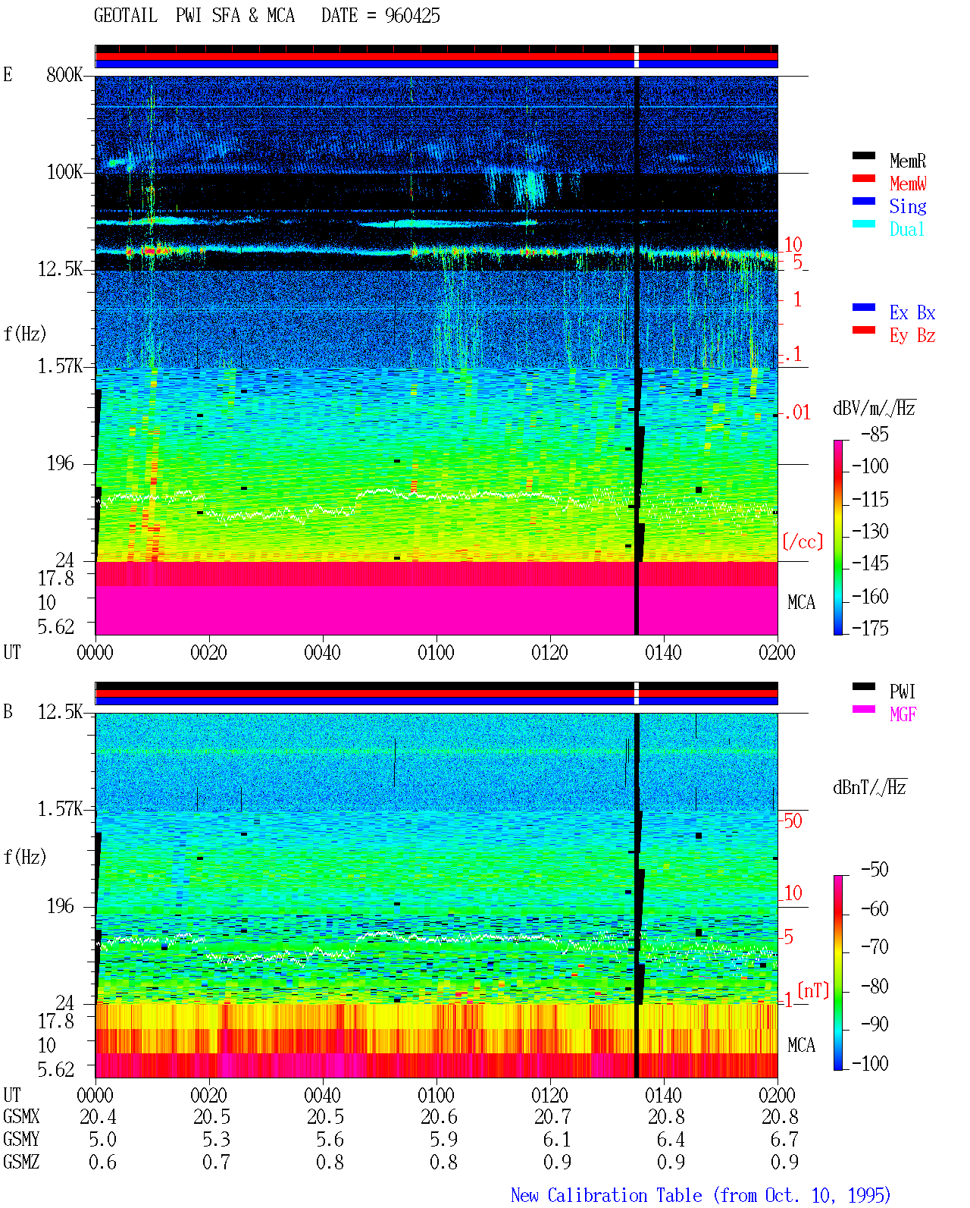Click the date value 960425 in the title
click(412, 16)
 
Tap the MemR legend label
click(907, 161)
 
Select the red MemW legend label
click(907, 184)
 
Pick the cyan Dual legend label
click(906, 229)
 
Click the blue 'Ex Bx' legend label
click(912, 312)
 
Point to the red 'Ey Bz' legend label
click(912, 336)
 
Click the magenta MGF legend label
click(903, 714)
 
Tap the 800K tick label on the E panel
click(64, 74)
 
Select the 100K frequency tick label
click(64, 172)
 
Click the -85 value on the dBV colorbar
click(875, 434)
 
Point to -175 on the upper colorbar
click(870, 628)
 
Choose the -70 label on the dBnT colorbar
click(875, 947)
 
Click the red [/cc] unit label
click(803, 541)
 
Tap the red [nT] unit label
click(813, 990)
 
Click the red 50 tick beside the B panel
click(793, 820)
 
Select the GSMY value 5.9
click(444, 1139)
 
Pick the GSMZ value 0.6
click(102, 1162)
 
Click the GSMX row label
click(21, 1116)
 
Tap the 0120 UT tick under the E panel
click(550, 652)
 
